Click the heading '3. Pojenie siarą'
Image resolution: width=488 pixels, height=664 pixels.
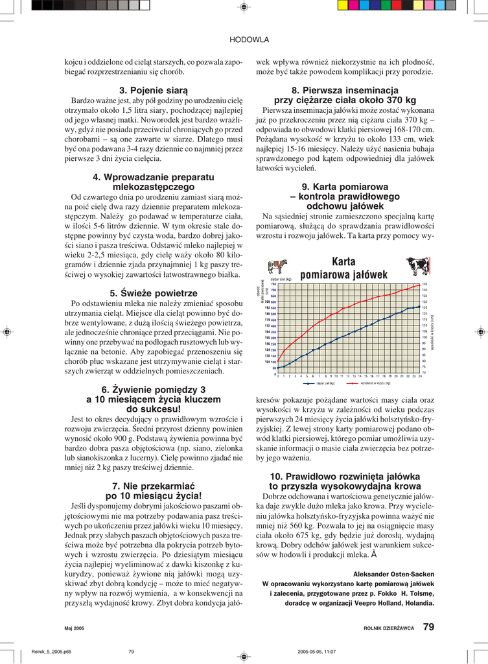point(154,89)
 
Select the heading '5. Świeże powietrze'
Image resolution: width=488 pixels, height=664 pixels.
point(154,292)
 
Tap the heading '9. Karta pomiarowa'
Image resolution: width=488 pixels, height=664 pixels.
point(345,186)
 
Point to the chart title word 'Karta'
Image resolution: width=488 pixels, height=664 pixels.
point(343,262)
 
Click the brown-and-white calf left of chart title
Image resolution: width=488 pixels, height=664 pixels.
point(277,267)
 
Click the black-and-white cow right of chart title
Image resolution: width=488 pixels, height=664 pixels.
point(417,266)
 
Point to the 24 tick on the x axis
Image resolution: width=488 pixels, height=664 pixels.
point(420,376)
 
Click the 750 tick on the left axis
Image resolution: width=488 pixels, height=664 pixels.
point(273,284)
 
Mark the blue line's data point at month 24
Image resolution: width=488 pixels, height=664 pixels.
point(420,306)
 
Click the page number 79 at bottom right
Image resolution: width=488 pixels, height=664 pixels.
point(428,626)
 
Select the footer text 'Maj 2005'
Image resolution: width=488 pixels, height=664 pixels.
point(75,628)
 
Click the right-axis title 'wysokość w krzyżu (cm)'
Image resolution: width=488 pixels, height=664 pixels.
point(432,331)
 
